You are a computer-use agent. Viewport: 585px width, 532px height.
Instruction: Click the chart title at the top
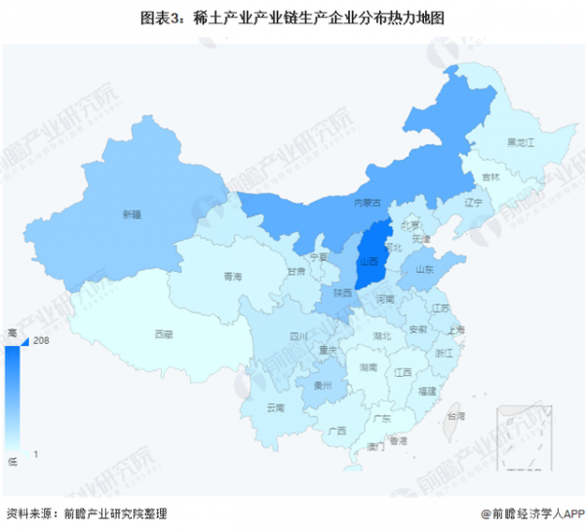point(292,17)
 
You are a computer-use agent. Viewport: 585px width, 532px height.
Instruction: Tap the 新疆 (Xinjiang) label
point(132,213)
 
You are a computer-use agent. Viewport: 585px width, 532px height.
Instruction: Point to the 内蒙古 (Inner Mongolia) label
point(367,202)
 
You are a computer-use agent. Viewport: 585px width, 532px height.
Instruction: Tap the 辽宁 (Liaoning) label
point(474,203)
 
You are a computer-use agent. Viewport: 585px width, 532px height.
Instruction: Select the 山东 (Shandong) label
point(425,270)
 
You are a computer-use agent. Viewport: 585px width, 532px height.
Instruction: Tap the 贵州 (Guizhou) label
point(332,386)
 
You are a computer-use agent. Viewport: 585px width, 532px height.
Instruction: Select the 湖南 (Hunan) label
point(368,368)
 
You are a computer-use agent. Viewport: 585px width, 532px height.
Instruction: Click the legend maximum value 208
point(41,341)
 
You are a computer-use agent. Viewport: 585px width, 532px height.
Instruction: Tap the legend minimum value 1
point(37,454)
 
